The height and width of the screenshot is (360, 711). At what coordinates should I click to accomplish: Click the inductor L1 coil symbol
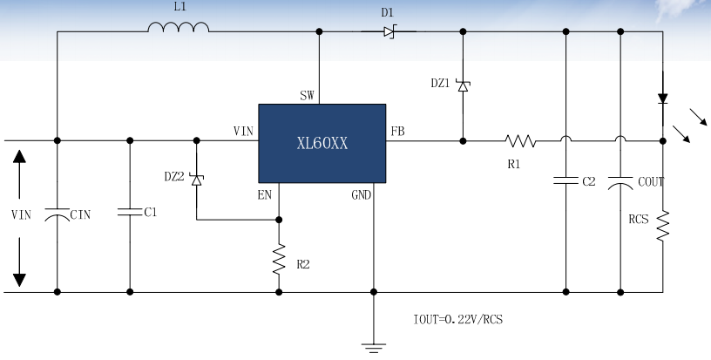coord(178,29)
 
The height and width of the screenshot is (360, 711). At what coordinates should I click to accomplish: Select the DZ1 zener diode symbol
coord(464,85)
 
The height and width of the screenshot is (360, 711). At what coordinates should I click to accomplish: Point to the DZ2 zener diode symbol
coord(196,179)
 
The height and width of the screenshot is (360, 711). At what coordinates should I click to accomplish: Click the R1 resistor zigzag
coord(520,139)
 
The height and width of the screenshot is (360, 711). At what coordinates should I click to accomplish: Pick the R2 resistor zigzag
coord(279,257)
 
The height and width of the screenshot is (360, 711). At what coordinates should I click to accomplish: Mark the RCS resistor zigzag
coord(662,226)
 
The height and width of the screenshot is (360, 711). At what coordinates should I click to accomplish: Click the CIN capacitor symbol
coord(57,214)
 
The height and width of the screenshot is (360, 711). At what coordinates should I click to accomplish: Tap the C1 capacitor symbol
coord(130,212)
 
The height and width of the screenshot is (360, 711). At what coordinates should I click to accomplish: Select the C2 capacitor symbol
coord(565,181)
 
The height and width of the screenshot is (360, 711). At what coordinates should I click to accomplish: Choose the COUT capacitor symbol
coord(620,182)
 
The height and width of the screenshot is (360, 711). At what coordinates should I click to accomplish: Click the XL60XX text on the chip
coord(322,143)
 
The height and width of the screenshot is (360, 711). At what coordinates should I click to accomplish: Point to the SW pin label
coord(307,96)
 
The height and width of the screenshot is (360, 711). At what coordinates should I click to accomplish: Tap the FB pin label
coord(397,132)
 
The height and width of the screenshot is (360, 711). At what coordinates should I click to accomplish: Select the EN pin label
coord(265,195)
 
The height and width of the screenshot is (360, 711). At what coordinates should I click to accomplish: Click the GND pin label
coord(362,195)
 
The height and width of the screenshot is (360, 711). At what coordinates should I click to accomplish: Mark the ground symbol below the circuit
coord(374,346)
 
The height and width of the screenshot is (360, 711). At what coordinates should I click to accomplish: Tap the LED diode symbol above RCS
coord(662,98)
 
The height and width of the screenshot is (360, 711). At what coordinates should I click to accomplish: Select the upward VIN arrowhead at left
coord(19,158)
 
